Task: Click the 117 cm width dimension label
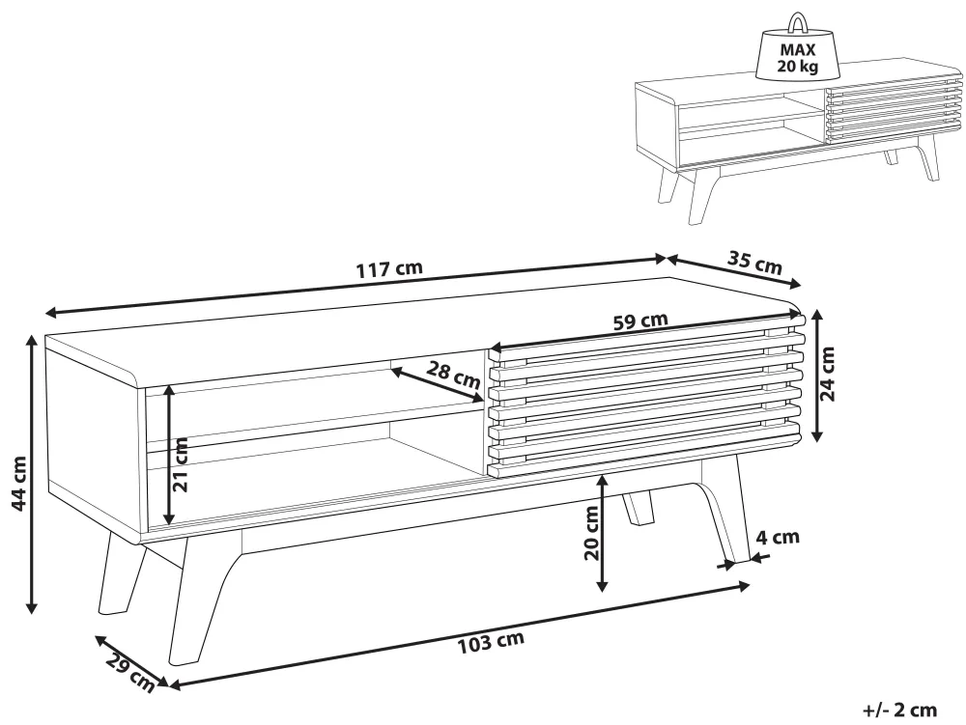[x=389, y=269]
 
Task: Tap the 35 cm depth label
[x=754, y=263]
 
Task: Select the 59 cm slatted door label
[x=640, y=321]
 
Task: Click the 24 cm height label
[x=828, y=375]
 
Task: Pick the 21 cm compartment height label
[x=181, y=464]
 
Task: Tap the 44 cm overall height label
[x=18, y=484]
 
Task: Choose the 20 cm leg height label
[x=591, y=533]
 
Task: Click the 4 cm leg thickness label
[x=778, y=538]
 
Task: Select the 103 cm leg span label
[x=491, y=643]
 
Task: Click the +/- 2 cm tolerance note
[x=900, y=711]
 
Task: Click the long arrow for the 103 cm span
[x=459, y=634]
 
